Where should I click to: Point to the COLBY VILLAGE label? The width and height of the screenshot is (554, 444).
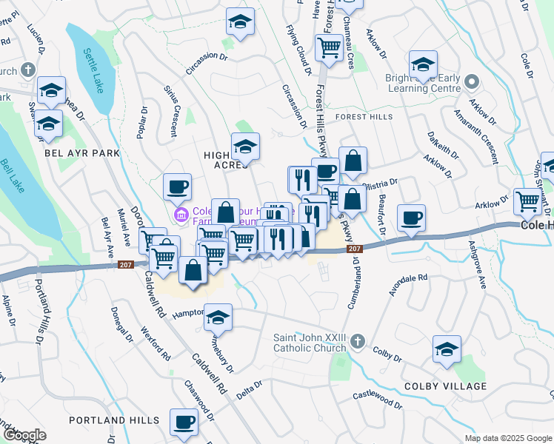pos(446,386)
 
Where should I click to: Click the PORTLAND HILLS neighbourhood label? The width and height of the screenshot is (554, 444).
pos(114,420)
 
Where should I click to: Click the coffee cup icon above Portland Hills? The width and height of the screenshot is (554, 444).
pos(184,423)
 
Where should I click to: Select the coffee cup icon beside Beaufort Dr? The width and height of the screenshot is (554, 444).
pos(411,218)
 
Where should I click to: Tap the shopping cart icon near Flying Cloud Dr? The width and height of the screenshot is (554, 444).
pos(328,48)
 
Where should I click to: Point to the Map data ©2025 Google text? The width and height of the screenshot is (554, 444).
pos(507,438)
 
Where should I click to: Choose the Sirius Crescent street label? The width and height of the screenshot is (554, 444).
pos(170,115)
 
